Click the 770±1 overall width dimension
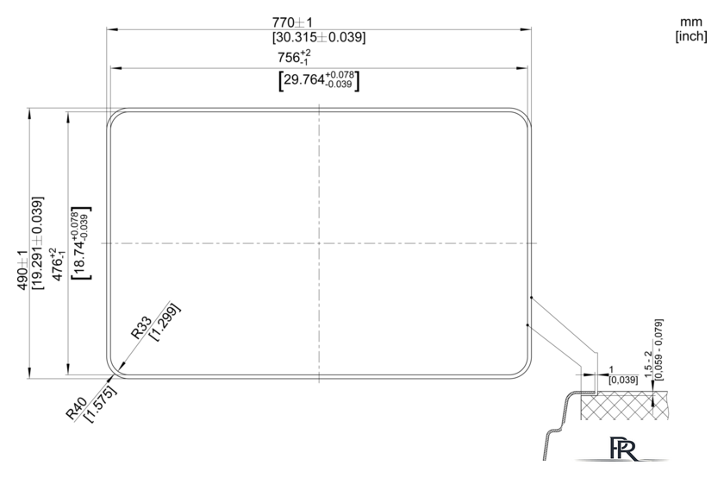pos(292,22)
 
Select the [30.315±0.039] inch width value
pos(319,37)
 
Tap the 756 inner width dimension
pos(294,57)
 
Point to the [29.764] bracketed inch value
pos(319,80)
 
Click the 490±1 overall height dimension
pos(22,270)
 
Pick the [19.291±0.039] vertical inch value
pos(37,243)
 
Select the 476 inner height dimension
pos(59,264)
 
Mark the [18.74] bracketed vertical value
pos(81,243)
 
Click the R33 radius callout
pos(141,327)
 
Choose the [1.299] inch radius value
pos(165,322)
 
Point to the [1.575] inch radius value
pos(101,403)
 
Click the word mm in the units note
pos(690,22)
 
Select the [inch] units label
pos(691,36)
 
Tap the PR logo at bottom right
pos(623,448)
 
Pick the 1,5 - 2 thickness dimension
pos(649,364)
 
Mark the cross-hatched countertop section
pos(624,406)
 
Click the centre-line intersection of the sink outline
pos(319,243)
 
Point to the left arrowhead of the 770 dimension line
pos(112,29)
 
